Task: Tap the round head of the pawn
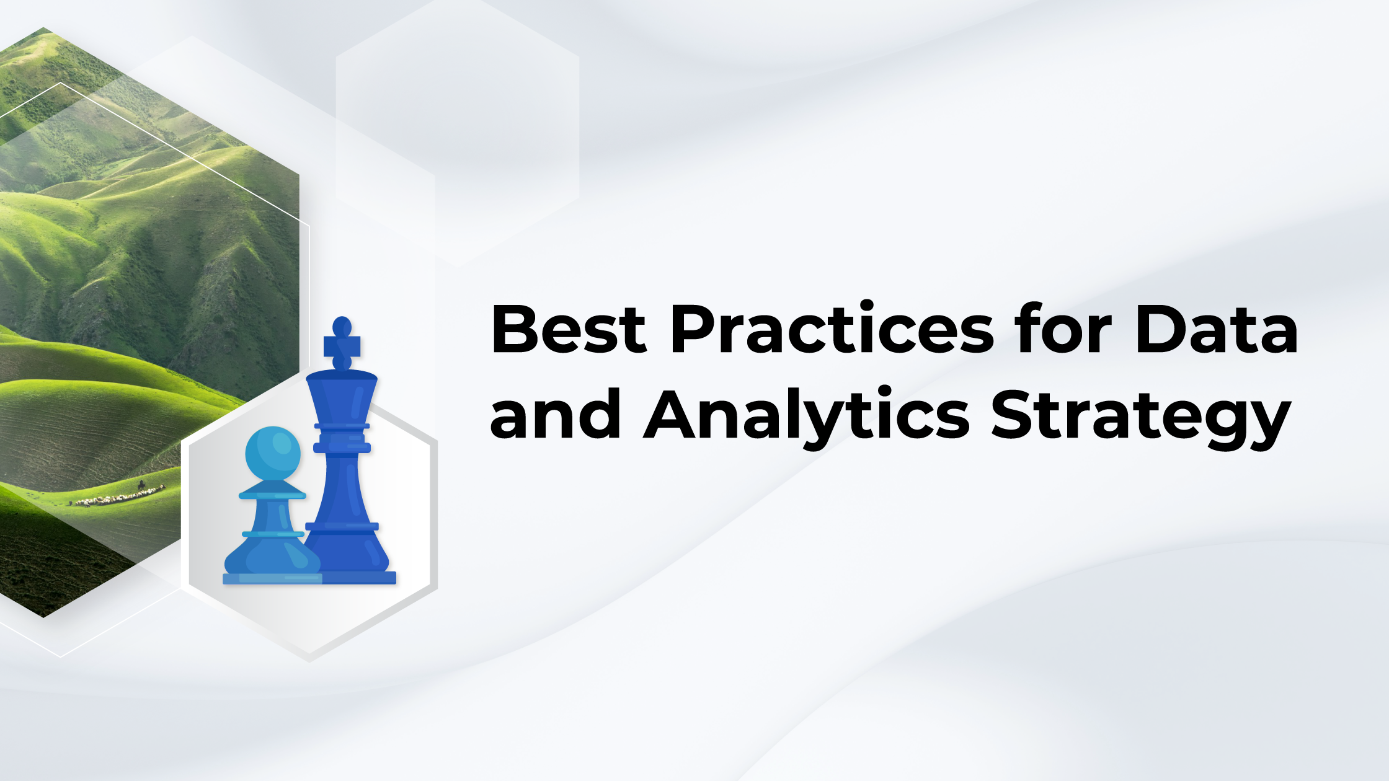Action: pos(273,453)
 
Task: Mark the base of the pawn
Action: pos(272,578)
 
